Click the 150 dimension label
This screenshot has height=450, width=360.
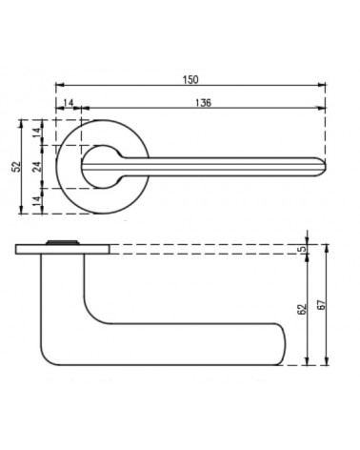[190, 79]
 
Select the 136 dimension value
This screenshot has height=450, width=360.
[203, 103]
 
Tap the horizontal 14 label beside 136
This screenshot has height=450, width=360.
[69, 103]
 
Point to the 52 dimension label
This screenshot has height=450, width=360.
[16, 167]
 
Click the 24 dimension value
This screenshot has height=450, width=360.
[37, 167]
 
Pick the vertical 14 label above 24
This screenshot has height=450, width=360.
[37, 133]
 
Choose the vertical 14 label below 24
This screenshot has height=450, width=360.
[37, 201]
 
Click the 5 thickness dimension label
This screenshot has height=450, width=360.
[304, 249]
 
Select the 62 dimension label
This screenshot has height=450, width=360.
[302, 309]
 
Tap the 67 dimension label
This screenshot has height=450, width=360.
[321, 305]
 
